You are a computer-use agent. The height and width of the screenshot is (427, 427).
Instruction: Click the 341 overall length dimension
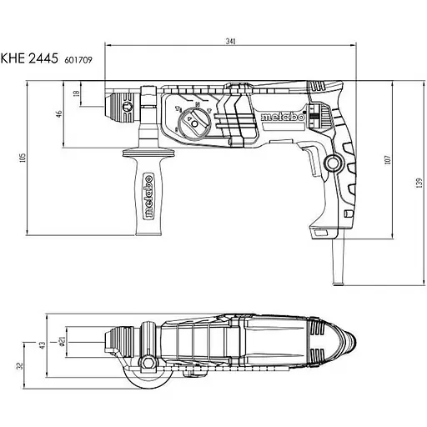pos(230,42)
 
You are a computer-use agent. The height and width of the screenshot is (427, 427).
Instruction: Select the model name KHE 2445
pos(29,58)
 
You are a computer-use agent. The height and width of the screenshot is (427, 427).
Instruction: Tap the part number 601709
pos(78,60)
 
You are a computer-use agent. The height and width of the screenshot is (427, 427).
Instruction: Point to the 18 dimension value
pos(77,93)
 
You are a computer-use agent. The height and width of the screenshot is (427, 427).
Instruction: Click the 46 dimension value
pos(59,114)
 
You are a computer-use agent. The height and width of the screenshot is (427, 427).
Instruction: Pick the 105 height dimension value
pos(23,158)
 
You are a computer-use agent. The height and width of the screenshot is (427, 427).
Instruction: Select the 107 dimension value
pos(388,160)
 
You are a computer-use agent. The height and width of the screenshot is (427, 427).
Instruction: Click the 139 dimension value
pos(419,183)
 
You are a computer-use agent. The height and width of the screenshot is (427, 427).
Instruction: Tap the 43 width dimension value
pos(42,345)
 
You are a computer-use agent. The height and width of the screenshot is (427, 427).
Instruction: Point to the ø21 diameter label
pos(62,341)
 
